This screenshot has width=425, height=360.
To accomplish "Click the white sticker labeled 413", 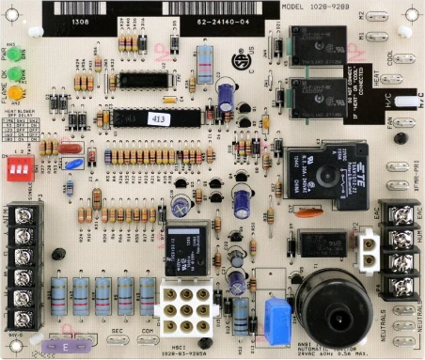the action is pyautogui.click(x=158, y=119).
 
